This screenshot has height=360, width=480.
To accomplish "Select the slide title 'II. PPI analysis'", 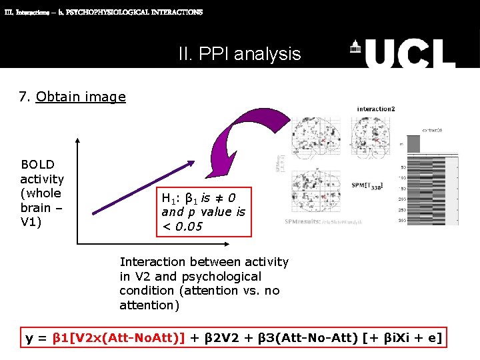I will (239, 53).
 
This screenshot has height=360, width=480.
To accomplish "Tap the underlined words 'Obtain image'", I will (81, 97).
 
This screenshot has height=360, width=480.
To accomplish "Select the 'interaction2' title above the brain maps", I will (376, 109).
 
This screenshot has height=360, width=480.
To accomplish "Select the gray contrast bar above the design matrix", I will (414, 143).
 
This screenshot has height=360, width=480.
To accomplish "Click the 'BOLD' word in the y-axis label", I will (37, 165).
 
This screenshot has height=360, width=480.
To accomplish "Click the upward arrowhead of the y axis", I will (78, 141).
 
